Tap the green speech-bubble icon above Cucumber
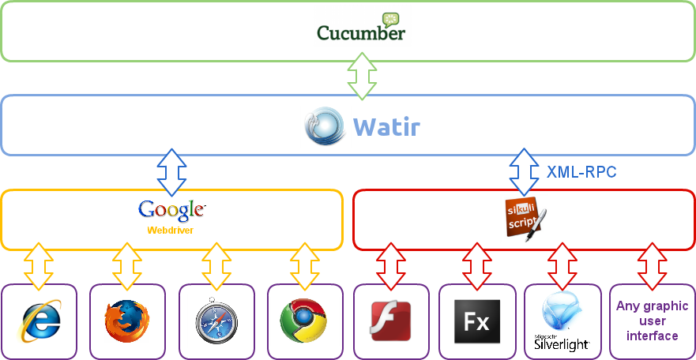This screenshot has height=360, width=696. point(391,19)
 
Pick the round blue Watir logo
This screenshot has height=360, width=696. point(325,126)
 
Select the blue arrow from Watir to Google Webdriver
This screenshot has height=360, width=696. point(171,171)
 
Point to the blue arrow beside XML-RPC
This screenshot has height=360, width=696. point(523,171)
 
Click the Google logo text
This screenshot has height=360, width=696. point(171,210)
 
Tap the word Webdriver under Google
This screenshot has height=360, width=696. point(171,231)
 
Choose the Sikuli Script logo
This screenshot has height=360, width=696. point(524,219)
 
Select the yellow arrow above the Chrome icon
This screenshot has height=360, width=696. point(303,266)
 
